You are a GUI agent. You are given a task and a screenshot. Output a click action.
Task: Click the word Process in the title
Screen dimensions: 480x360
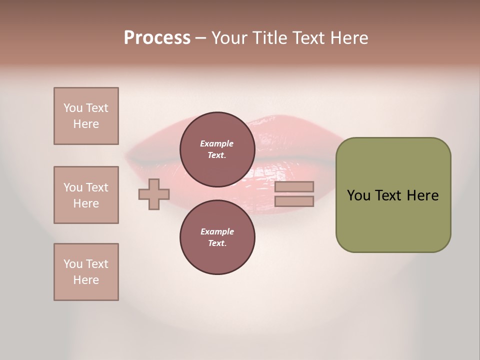click(157, 38)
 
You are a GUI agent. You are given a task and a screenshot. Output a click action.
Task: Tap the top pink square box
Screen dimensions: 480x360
click(86, 116)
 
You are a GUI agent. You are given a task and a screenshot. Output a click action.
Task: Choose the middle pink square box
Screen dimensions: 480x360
click(86, 195)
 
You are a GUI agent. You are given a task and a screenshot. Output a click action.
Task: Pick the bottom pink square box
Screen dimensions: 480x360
click(86, 272)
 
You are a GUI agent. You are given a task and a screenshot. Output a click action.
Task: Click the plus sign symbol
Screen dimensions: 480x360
click(154, 194)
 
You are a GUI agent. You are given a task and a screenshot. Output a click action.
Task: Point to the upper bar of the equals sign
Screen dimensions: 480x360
click(294, 187)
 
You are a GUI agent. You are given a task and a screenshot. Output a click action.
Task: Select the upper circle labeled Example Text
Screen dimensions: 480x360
click(217, 149)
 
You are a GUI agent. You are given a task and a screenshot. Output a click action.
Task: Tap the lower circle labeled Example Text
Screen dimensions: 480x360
click(217, 237)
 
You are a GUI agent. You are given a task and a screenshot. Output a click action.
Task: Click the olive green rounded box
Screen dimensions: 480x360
click(393, 195)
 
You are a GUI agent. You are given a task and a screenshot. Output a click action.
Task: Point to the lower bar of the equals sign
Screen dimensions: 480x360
click(294, 201)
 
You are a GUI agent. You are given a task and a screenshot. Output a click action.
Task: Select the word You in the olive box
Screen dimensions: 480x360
click(358, 195)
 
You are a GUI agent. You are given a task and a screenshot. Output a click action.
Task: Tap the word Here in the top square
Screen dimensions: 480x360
click(86, 124)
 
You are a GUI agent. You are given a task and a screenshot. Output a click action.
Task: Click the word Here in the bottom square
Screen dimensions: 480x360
click(86, 280)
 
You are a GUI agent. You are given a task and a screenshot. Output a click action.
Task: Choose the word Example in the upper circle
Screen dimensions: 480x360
click(217, 143)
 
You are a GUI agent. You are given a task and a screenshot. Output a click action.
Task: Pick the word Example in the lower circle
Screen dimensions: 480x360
click(217, 231)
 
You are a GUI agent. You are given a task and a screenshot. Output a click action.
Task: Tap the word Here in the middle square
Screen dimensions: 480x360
click(86, 203)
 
